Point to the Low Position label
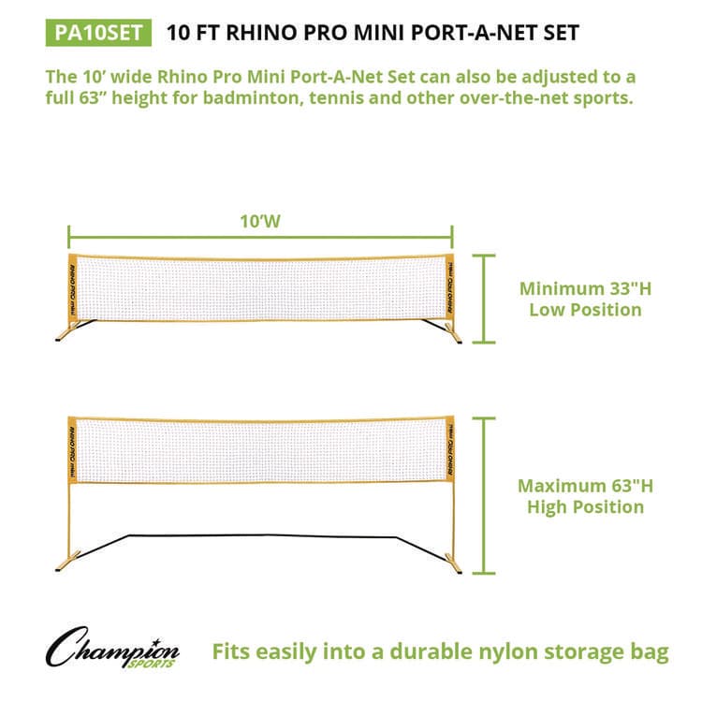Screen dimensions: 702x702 tap(585, 310)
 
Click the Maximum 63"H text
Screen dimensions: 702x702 tap(585, 485)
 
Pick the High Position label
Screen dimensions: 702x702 tap(585, 507)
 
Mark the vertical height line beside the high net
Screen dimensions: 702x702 tap(484, 495)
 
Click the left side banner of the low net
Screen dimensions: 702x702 tap(73, 286)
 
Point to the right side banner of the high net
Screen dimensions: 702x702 tap(447, 449)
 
